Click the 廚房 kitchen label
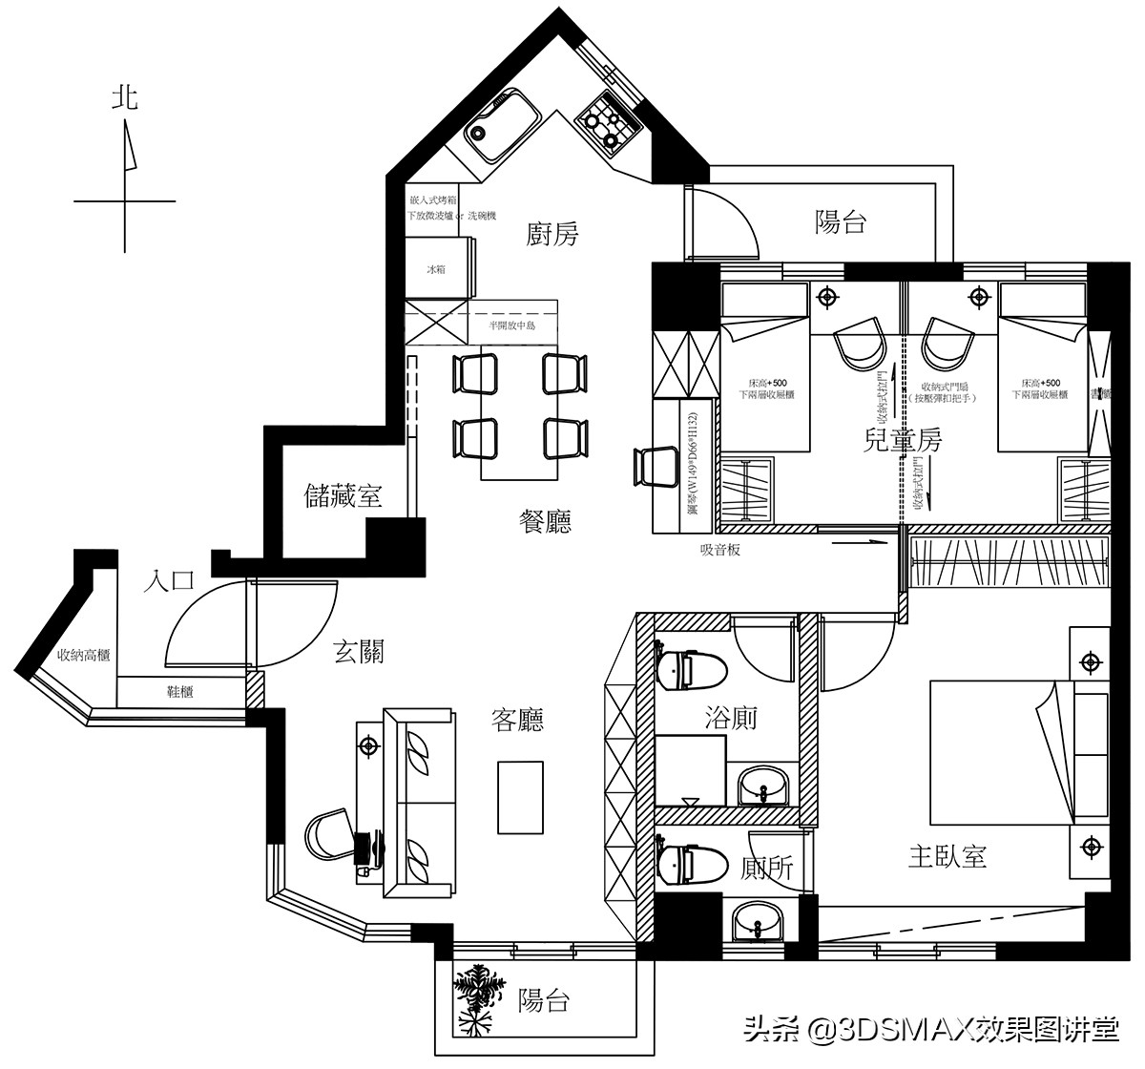[x=552, y=235]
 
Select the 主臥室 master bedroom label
[x=947, y=856]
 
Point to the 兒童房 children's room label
[x=902, y=441]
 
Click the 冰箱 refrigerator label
[x=435, y=271]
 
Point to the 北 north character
[x=125, y=98]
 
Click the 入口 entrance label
[x=169, y=581]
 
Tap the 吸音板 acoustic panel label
[x=720, y=550]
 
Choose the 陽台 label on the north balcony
[x=841, y=222]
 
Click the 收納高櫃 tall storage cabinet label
[x=83, y=656]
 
